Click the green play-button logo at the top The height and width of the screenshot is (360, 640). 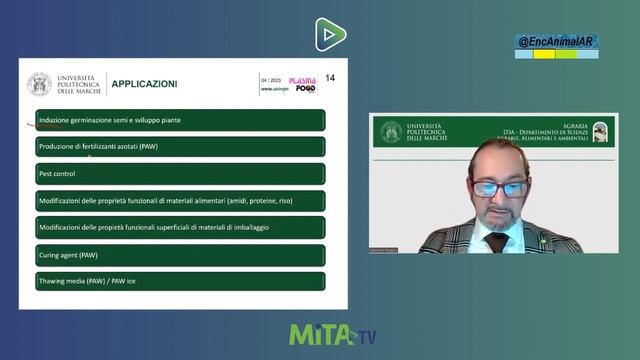(x=330, y=34)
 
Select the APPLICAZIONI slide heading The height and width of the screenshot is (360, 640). (x=144, y=84)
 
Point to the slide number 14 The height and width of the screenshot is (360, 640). (x=330, y=78)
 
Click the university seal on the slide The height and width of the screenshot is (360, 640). (x=39, y=84)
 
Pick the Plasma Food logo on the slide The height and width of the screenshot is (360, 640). (x=302, y=85)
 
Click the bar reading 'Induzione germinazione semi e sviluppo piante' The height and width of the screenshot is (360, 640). (x=180, y=120)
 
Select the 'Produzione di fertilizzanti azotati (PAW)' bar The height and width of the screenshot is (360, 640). (x=180, y=147)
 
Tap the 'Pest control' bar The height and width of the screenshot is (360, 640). (x=180, y=174)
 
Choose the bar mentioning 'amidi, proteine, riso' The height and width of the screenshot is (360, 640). (x=180, y=201)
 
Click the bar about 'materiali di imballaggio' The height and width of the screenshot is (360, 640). (x=180, y=228)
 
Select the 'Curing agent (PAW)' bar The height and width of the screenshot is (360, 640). (x=180, y=255)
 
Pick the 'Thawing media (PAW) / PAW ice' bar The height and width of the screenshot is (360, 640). (x=180, y=281)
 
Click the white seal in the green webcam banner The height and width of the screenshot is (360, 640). (x=391, y=132)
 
